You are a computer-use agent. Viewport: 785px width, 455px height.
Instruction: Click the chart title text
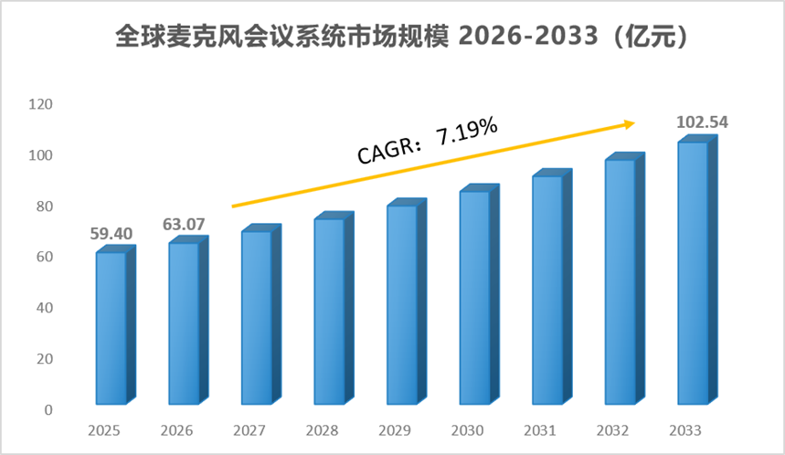[x=402, y=36]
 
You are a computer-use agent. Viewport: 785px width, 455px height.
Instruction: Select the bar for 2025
[x=116, y=325]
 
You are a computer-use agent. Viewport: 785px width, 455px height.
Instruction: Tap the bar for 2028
[x=334, y=308]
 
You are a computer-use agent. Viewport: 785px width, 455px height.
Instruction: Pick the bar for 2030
[x=479, y=294]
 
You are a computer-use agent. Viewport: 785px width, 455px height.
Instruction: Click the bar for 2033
[x=697, y=270]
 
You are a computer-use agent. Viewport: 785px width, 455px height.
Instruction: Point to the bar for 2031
[x=552, y=287]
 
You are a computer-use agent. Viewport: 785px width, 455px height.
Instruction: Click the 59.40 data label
[x=111, y=233]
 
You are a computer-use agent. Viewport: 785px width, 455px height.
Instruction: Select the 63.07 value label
[x=184, y=224]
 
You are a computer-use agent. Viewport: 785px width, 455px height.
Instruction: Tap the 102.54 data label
[x=702, y=122]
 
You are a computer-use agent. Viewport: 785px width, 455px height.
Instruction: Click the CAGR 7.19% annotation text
[x=428, y=140]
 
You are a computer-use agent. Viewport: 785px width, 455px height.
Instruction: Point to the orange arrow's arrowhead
[x=630, y=123]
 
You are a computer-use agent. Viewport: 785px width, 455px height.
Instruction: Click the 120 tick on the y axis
[x=40, y=104]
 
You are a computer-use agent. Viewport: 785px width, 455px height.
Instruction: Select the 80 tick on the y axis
[x=45, y=206]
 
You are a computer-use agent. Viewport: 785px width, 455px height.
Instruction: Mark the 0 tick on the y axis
[x=48, y=410]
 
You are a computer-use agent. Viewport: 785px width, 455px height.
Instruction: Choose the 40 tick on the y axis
[x=45, y=308]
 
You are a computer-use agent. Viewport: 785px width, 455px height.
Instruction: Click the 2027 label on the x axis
[x=249, y=430]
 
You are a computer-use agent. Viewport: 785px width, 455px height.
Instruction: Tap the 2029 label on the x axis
[x=395, y=430]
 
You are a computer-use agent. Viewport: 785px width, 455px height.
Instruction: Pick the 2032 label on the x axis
[x=613, y=430]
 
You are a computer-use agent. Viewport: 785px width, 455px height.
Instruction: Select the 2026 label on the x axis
[x=176, y=430]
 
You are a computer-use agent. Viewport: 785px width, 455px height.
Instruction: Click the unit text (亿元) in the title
[x=651, y=36]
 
